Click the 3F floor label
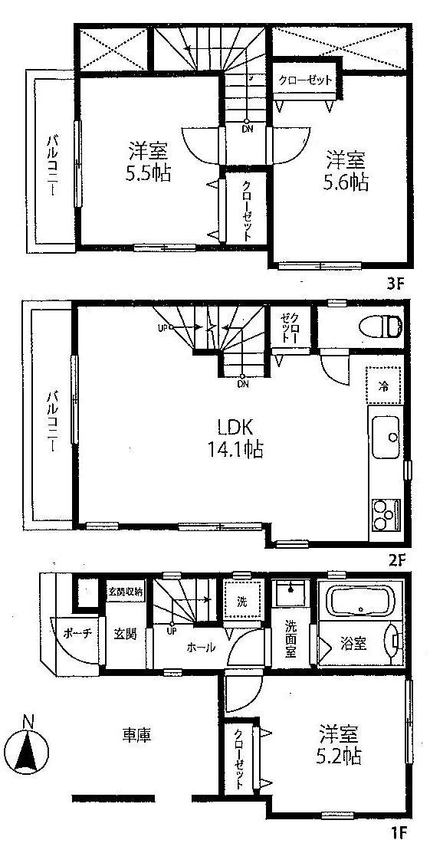[x=396, y=283]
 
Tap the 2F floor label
[x=396, y=558]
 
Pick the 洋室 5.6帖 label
[x=347, y=171]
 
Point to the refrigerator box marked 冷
[x=383, y=386]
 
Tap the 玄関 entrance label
[x=125, y=636]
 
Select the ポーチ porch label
[x=74, y=635]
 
